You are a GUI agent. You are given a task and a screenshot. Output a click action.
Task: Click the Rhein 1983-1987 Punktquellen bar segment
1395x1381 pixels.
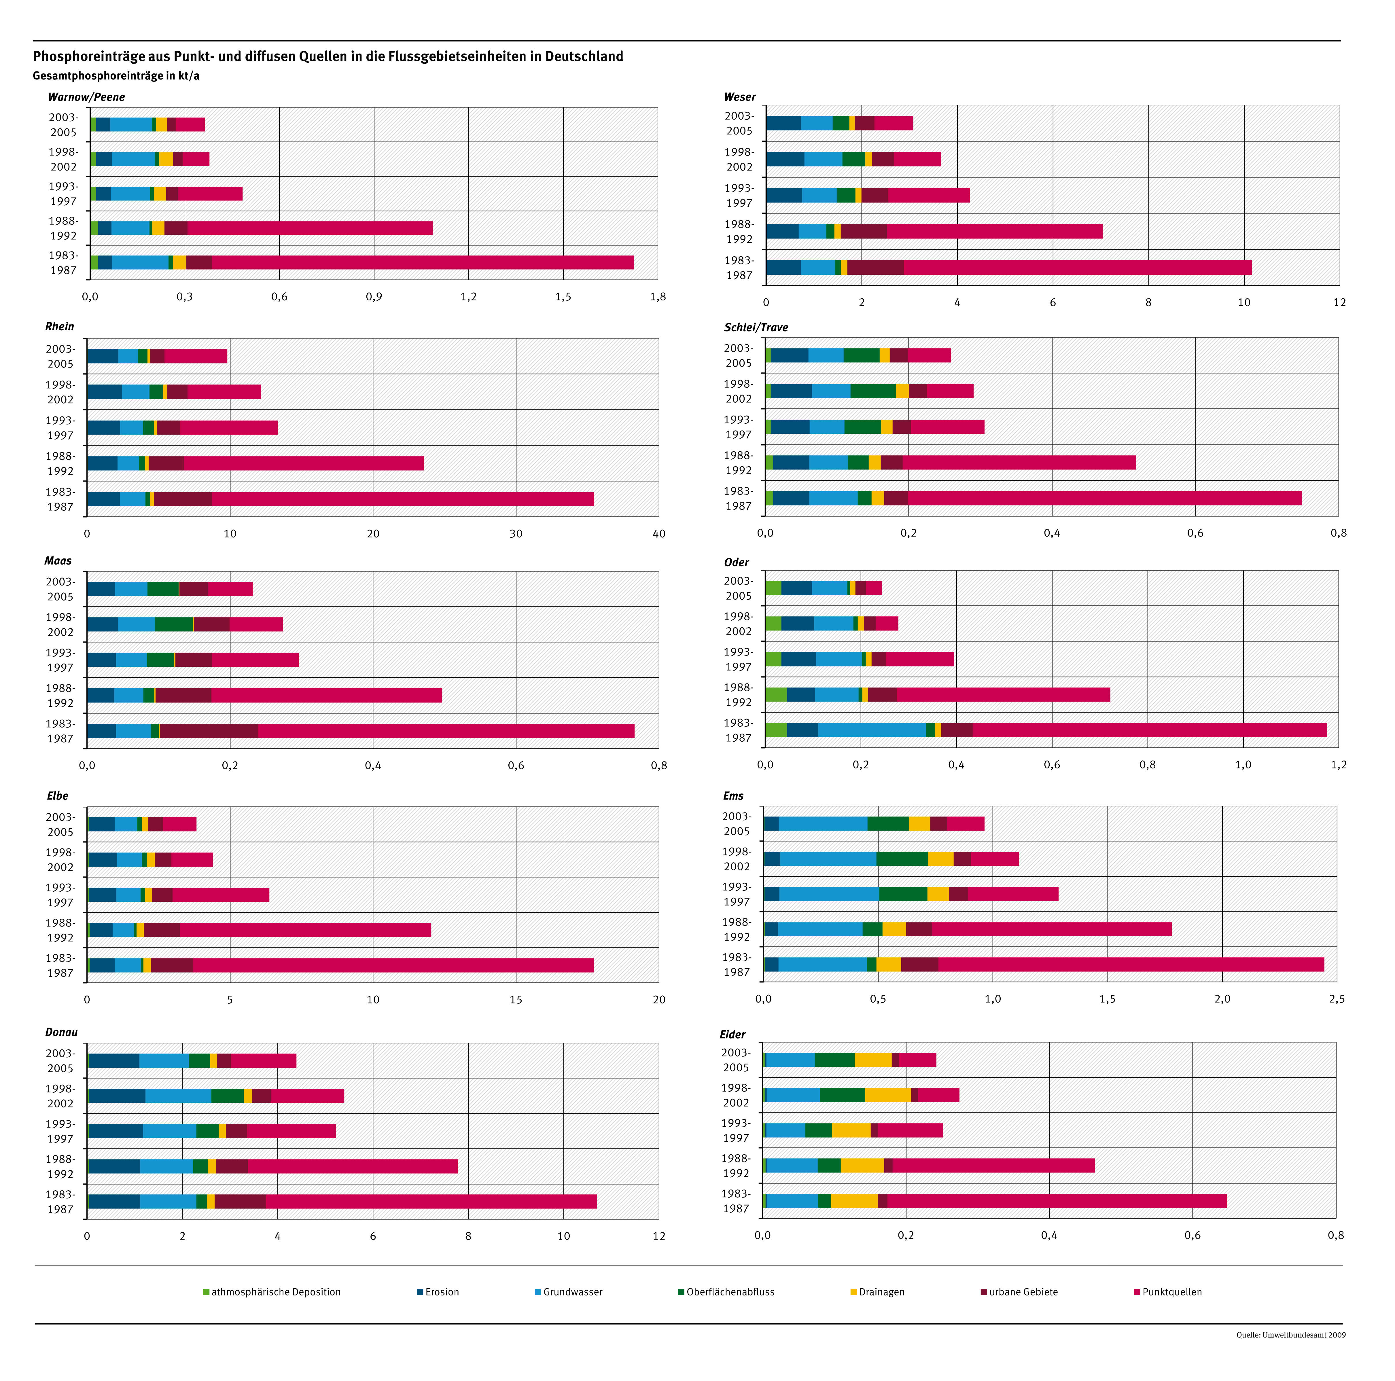coord(402,499)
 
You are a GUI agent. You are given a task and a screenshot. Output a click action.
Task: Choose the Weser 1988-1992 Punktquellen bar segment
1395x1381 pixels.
coord(994,231)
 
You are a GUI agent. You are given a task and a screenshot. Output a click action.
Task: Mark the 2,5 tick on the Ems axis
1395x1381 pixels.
coord(1337,999)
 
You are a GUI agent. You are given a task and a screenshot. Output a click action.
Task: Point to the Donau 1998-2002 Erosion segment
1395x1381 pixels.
coord(117,1095)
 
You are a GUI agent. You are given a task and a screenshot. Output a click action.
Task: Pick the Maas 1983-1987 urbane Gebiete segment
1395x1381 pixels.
coord(209,731)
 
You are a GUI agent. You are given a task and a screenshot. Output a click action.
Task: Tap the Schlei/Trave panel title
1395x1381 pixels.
coord(756,327)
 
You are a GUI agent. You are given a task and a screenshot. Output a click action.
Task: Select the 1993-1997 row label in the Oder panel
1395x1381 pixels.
coord(738,659)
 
